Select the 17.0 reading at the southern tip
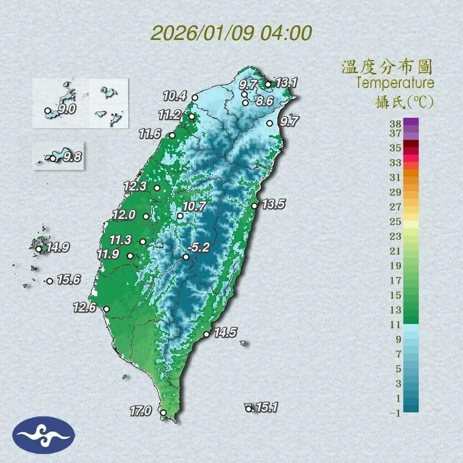141,410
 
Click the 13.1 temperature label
287,82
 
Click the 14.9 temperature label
58,247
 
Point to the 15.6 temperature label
68,280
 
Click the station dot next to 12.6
106,309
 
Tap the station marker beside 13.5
254,206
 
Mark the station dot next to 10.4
195,97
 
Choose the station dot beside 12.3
157,188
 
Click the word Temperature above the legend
395,83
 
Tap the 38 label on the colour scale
395,124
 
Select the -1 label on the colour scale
395,414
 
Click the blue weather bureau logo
44,435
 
